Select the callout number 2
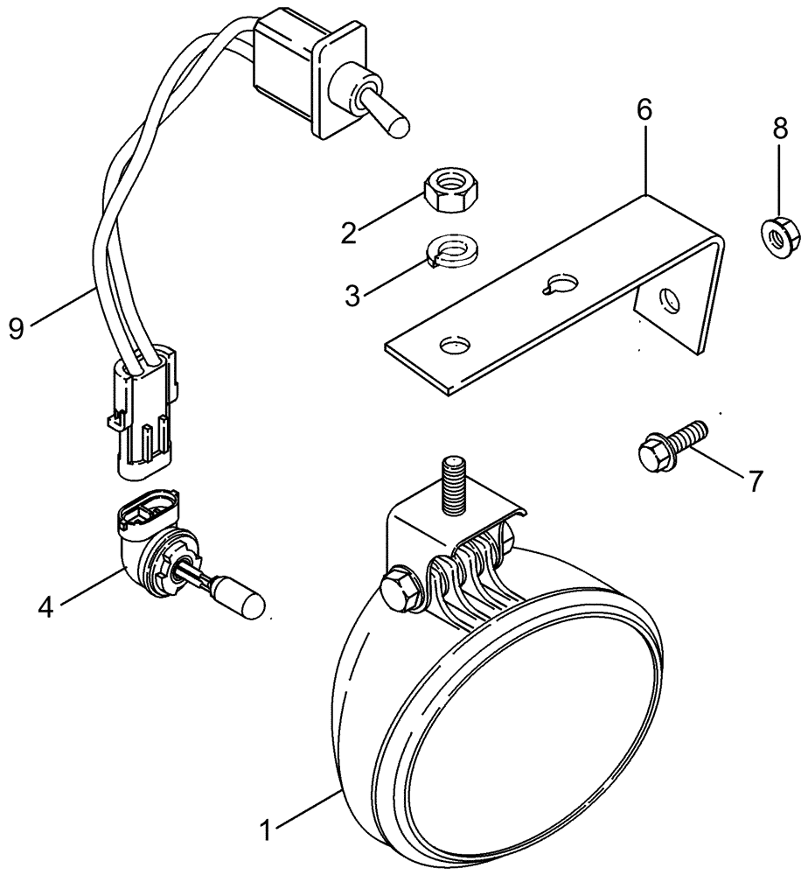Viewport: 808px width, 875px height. (349, 233)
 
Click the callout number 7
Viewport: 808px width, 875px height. (753, 479)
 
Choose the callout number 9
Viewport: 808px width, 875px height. (16, 327)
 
